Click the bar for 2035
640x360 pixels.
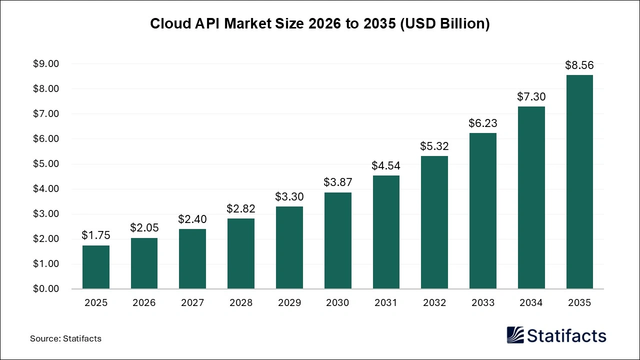579,182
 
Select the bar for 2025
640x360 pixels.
96,267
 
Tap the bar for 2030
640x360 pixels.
337,240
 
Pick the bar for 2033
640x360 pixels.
483,211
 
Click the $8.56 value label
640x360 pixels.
579,65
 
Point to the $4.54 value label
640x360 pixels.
386,165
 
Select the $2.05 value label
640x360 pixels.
144,227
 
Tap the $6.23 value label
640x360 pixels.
483,123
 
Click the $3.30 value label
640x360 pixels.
289,196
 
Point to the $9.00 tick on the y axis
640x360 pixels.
46,64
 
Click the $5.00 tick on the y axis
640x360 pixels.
46,164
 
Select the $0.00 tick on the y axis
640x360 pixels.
46,289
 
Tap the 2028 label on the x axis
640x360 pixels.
241,302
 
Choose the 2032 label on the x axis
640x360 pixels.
434,302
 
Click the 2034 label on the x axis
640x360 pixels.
531,302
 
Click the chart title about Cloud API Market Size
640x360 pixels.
320,23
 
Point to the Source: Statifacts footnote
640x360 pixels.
65,338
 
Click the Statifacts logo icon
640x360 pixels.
515,335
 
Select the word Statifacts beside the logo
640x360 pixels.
566,335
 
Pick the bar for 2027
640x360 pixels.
192,259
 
